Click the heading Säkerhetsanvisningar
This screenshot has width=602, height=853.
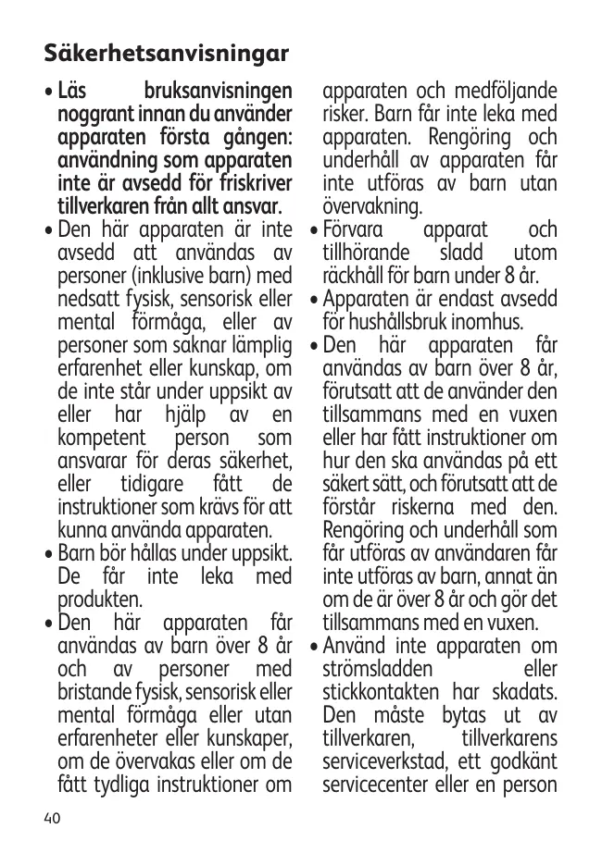(167, 51)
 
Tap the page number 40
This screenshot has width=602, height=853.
(52, 818)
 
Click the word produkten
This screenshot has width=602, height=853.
(100, 600)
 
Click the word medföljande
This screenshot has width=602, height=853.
(507, 93)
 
